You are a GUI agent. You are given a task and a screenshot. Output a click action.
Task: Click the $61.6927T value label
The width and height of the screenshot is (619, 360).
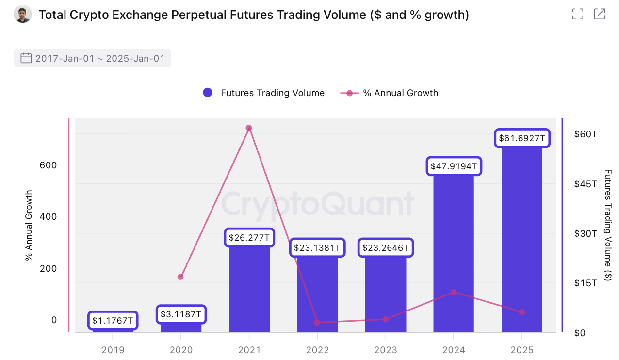pos(521,139)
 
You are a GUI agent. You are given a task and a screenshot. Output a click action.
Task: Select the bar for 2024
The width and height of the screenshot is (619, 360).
pos(453,252)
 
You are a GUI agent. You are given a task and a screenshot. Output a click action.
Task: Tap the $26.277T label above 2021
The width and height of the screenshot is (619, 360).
pos(249,238)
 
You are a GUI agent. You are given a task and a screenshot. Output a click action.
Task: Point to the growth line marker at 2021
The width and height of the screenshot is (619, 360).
pos(248,128)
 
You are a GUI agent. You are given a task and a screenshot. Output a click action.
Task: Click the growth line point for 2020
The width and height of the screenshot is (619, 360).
pos(180,277)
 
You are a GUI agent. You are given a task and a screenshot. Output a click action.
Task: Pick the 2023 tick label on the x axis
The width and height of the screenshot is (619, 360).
pos(385,350)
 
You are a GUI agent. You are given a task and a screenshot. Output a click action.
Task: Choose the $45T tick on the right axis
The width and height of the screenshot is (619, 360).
pos(586,184)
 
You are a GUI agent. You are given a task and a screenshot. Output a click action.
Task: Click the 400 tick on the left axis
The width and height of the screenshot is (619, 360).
pos(48,216)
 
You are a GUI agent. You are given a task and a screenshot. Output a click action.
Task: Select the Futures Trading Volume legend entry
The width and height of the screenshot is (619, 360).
pos(264,93)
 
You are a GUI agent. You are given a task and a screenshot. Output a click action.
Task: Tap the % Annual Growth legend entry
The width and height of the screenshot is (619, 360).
pos(390,93)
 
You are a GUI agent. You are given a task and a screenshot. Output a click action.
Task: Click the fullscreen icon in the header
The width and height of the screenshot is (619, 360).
pos(577,14)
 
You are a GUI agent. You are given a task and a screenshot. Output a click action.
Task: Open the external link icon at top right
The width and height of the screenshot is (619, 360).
pos(600,14)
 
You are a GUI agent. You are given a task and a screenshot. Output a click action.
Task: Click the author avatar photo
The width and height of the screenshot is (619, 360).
pos(22,15)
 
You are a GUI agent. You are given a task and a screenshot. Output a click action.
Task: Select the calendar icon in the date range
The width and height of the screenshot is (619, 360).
pos(26,59)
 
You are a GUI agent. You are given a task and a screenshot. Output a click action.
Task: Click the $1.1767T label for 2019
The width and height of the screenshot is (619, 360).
pos(113,321)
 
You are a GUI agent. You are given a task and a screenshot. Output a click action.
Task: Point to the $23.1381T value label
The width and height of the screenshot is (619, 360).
pos(318,248)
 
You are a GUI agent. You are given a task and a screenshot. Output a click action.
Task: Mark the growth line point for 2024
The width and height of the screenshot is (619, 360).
pos(454,292)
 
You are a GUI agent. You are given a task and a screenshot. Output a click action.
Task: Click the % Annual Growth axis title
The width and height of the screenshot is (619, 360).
pos(28,226)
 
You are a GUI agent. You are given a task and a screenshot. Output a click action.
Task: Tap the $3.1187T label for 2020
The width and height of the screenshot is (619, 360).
pos(181,314)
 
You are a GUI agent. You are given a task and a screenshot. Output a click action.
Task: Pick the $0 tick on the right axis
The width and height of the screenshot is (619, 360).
pos(580,333)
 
